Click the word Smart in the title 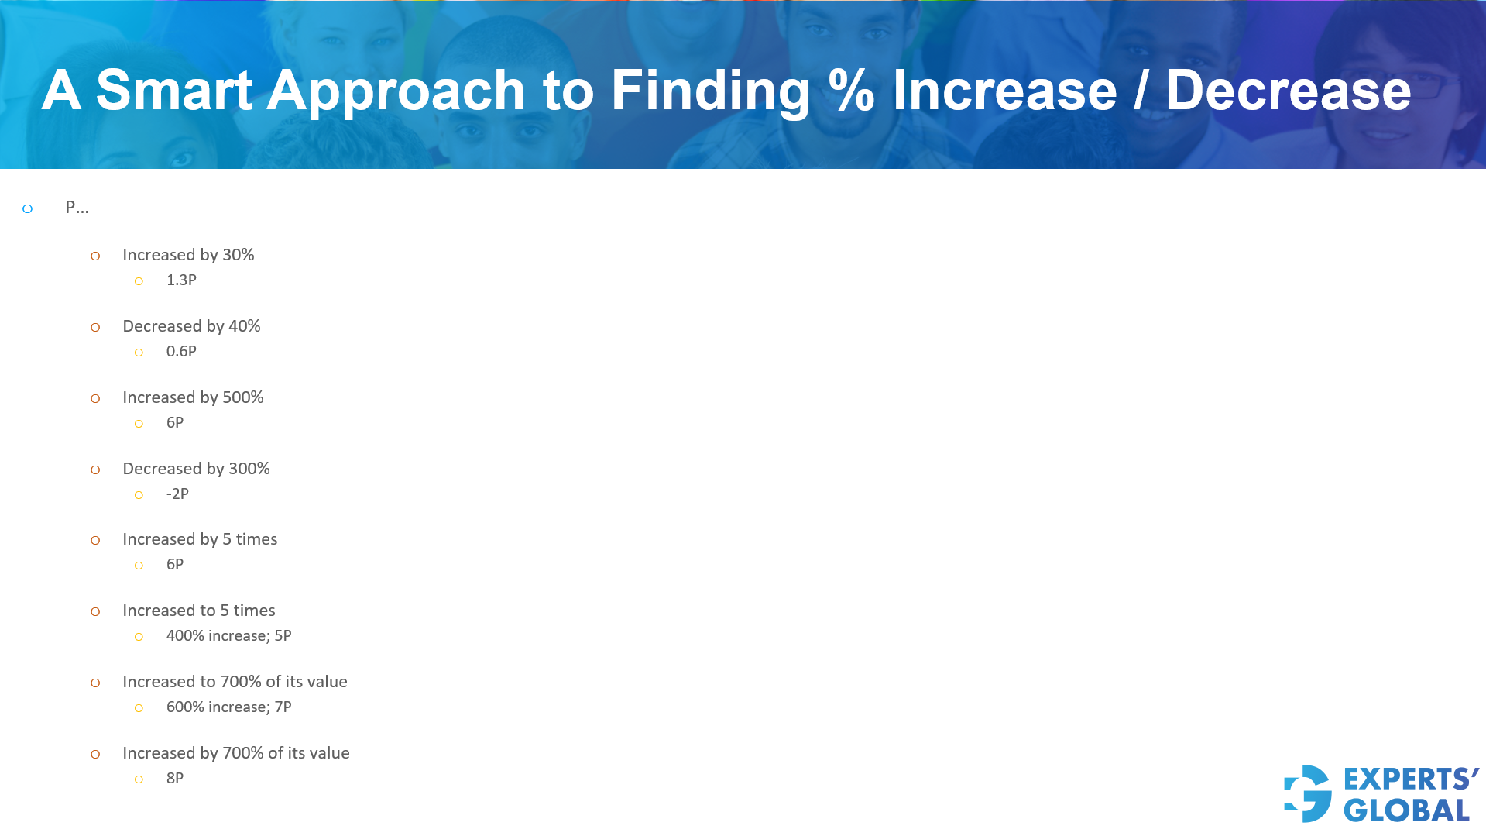click(x=173, y=91)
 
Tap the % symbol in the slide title click(x=851, y=91)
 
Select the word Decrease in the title click(x=1288, y=91)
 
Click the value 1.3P click(x=181, y=280)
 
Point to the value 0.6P click(x=181, y=352)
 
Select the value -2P click(x=177, y=494)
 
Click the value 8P click(x=175, y=779)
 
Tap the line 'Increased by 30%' click(x=188, y=255)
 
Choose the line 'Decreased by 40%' click(x=191, y=326)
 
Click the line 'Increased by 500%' click(x=193, y=397)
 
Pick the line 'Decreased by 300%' click(x=196, y=469)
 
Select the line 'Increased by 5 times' click(x=200, y=539)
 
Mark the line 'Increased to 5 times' click(x=198, y=611)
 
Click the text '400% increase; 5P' click(x=228, y=636)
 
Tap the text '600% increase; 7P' click(x=228, y=707)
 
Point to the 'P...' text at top click(x=77, y=208)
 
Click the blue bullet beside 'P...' click(x=28, y=208)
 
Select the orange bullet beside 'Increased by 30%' click(x=95, y=256)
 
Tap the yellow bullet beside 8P click(x=139, y=779)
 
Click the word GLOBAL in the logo click(x=1406, y=810)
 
